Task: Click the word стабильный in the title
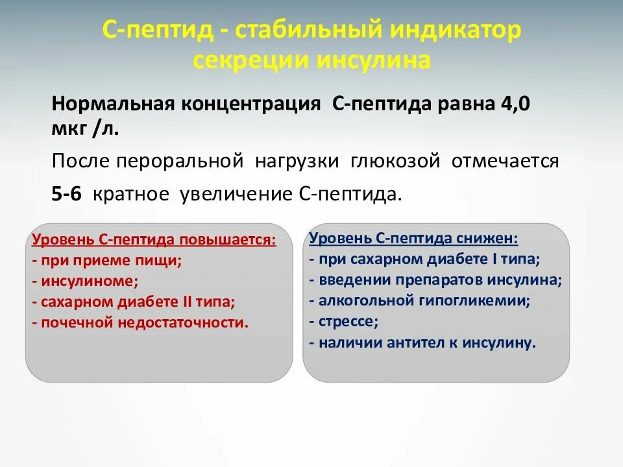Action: (302, 31)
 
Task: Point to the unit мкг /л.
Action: (86, 128)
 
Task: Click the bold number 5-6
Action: (67, 194)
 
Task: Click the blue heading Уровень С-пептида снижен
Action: (414, 239)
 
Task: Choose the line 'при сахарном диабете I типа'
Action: (425, 259)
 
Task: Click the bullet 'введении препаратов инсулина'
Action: (435, 280)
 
